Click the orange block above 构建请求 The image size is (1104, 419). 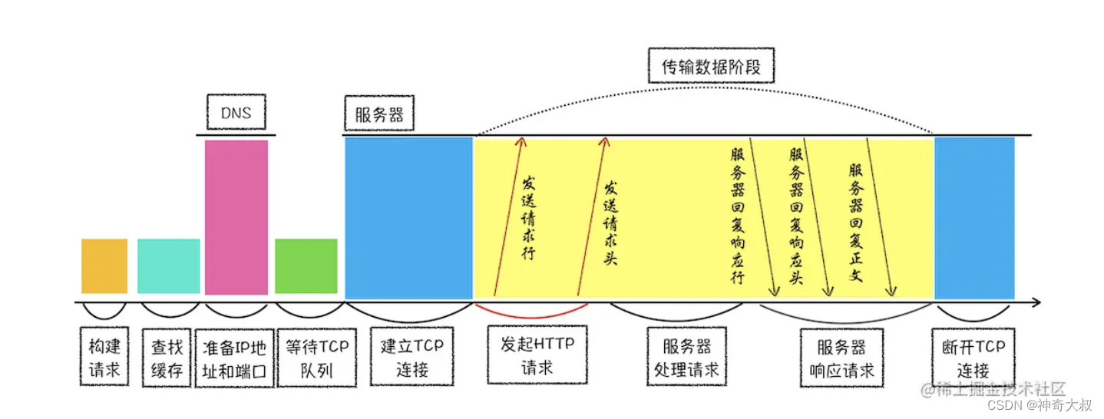point(104,266)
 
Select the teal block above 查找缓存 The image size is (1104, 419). point(168,266)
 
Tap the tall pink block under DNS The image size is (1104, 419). point(236,216)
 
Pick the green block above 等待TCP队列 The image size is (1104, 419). point(306,266)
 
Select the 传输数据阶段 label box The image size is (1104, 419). point(711,67)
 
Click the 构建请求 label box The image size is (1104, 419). point(104,358)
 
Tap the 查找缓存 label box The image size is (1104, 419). point(167,358)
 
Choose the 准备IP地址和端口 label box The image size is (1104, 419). point(235,358)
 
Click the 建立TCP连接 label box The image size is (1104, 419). point(412,358)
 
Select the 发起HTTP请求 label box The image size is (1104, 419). point(537,356)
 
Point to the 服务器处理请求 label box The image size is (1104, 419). point(686,358)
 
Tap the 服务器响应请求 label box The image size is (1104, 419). point(842,358)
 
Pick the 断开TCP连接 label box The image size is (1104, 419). point(973,358)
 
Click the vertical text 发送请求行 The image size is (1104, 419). point(529,219)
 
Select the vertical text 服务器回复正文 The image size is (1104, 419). point(855,223)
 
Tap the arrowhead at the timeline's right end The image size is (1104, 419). point(1036,302)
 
